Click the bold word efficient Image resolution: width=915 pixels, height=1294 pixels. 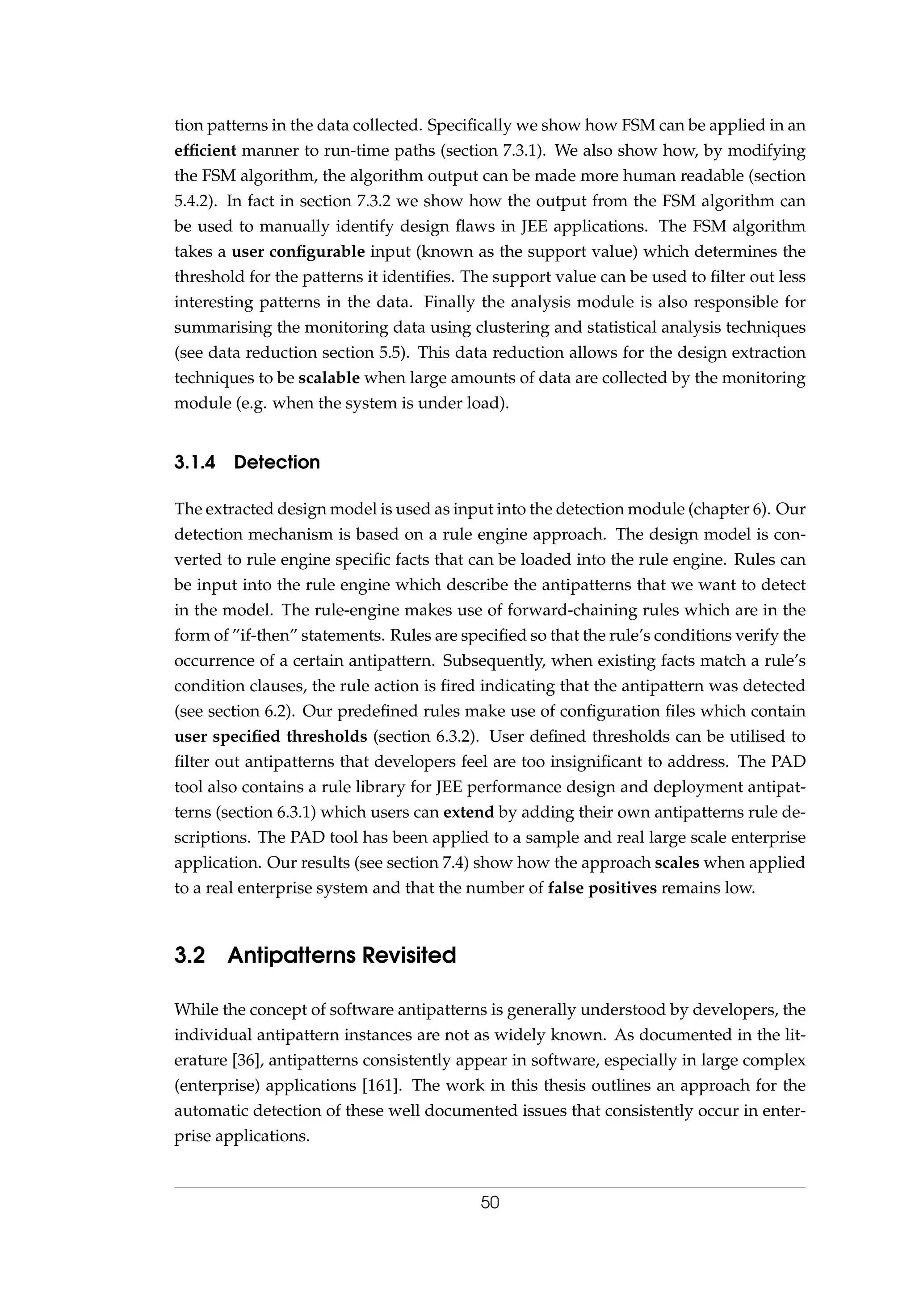(205, 151)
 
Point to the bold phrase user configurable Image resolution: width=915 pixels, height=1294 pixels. (298, 252)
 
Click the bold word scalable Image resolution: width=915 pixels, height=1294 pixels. (329, 378)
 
